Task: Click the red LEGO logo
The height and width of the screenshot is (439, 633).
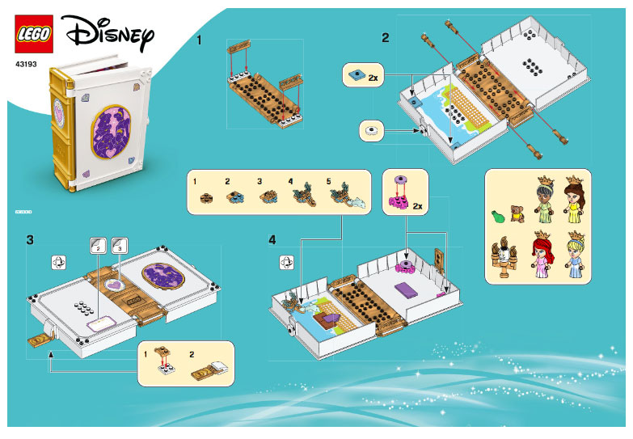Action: [33, 35]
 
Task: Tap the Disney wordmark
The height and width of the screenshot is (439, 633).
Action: [108, 33]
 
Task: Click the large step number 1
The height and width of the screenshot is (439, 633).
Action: [199, 39]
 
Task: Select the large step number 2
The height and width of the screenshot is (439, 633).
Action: [386, 37]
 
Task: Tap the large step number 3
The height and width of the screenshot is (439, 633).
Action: [30, 239]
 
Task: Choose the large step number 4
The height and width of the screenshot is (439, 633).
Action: [272, 240]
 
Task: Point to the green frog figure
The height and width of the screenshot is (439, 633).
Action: [499, 214]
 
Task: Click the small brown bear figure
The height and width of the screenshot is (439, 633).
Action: [517, 213]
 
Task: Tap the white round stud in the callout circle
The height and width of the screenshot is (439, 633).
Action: [372, 129]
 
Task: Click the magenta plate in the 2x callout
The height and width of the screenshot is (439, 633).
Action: [400, 199]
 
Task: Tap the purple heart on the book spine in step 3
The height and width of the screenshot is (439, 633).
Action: [118, 285]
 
